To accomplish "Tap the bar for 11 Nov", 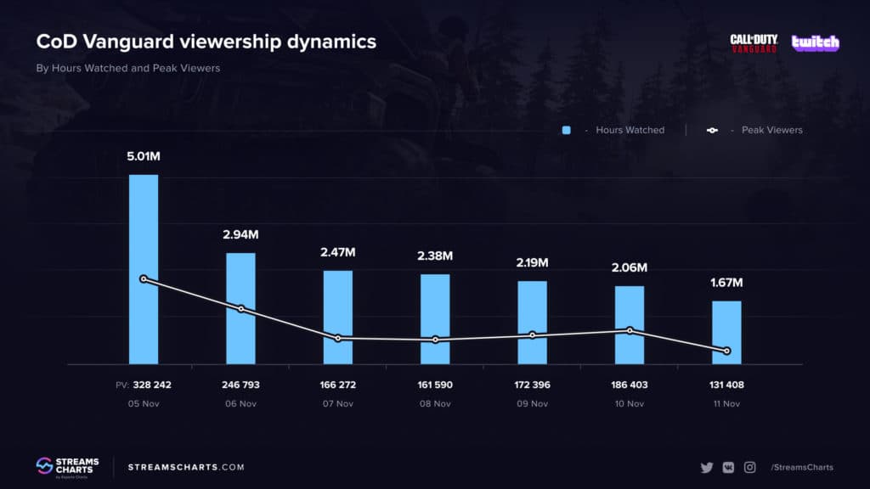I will (x=726, y=332).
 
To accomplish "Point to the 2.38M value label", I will (x=435, y=256).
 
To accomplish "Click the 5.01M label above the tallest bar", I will (x=143, y=156).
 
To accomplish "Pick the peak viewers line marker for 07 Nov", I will (x=338, y=338).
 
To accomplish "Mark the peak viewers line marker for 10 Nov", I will (x=630, y=330).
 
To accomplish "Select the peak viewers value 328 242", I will (x=151, y=385).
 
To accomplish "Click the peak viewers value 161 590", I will (x=435, y=385).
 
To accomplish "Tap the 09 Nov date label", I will (x=533, y=403).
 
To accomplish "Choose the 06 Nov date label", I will (x=240, y=403).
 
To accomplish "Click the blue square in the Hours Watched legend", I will (x=566, y=130).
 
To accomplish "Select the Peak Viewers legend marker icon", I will (x=712, y=130).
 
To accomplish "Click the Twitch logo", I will (x=815, y=42).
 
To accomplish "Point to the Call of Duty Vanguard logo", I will (x=754, y=43).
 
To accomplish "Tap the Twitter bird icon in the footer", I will (x=706, y=467).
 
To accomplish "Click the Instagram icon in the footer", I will (x=750, y=467).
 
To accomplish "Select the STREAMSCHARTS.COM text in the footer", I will (x=186, y=467).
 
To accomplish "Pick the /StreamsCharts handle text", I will (x=801, y=467).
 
